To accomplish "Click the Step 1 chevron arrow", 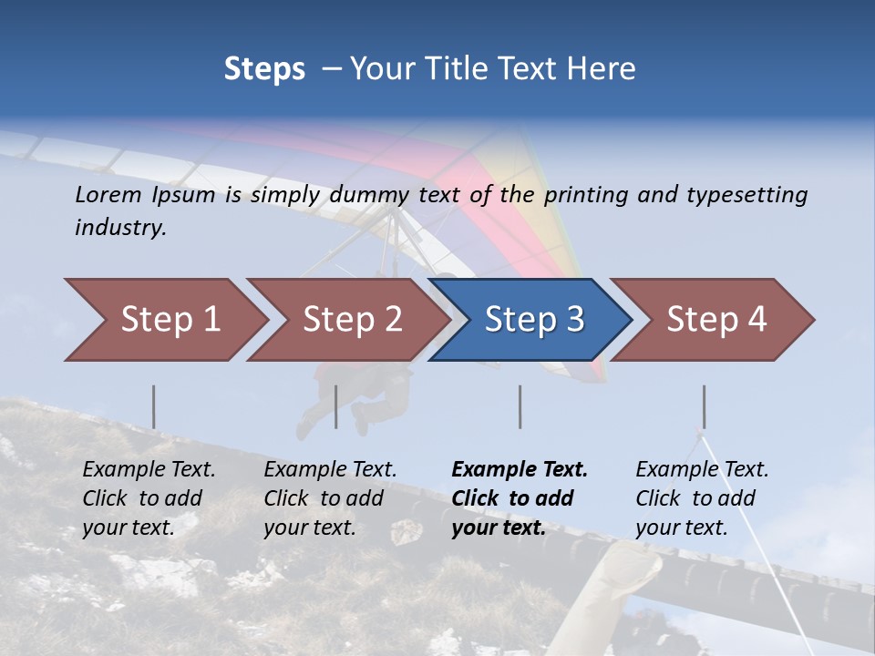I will [x=170, y=320].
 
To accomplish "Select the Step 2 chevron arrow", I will [x=352, y=320].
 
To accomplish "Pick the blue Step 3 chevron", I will [x=534, y=320].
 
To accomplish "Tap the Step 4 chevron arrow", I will [x=716, y=320].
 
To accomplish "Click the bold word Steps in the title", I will [x=264, y=69].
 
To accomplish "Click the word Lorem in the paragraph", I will [x=107, y=194].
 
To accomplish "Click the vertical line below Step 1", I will [x=153, y=406].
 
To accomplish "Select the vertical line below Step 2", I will [x=336, y=406].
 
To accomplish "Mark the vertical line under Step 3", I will [x=520, y=406].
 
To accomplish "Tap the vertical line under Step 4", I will [x=704, y=406].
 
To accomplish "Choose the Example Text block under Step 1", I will [x=149, y=498].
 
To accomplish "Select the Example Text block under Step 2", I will [x=330, y=498].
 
